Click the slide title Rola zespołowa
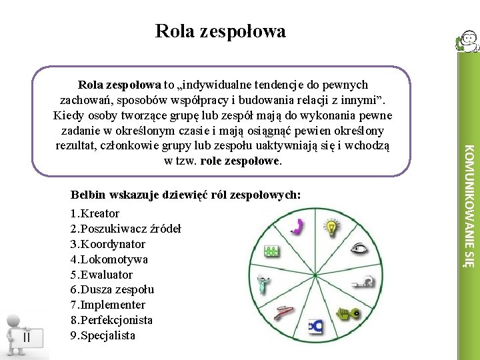coord(220,31)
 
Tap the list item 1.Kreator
coord(95,213)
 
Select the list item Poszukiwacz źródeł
coord(125,229)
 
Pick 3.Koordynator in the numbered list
coord(107,244)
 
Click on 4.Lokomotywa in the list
coord(109,259)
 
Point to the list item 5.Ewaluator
coord(101,275)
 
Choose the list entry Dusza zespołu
coord(112,290)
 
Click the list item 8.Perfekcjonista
coord(111,321)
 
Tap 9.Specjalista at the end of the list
coord(103,336)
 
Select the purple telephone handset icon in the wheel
coord(298,227)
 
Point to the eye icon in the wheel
coord(361,249)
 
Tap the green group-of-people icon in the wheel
coord(271,251)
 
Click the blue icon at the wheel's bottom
coord(314,327)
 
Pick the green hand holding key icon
coord(347,312)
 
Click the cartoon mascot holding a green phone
coord(466,43)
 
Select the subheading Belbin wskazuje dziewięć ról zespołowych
coord(185,195)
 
